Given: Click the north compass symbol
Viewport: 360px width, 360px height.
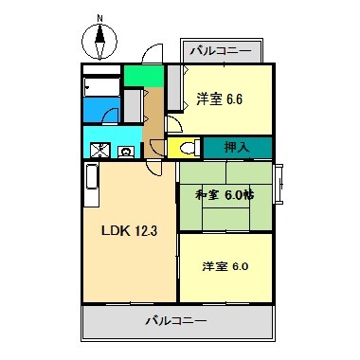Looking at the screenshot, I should (x=99, y=41).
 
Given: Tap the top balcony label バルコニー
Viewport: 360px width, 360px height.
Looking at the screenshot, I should (x=220, y=51).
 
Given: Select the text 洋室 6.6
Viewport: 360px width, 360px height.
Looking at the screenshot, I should (x=221, y=98).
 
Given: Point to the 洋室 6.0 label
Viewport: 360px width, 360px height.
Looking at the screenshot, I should (x=225, y=266).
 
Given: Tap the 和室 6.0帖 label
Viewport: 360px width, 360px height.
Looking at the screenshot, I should (x=225, y=195).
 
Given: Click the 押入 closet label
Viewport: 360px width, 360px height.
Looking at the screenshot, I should (x=236, y=147).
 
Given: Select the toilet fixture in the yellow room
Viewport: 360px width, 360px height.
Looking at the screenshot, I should (x=187, y=148).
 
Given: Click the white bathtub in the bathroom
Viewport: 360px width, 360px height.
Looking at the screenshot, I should (x=99, y=86).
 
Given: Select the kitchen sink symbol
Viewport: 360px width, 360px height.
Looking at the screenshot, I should (x=100, y=149).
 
